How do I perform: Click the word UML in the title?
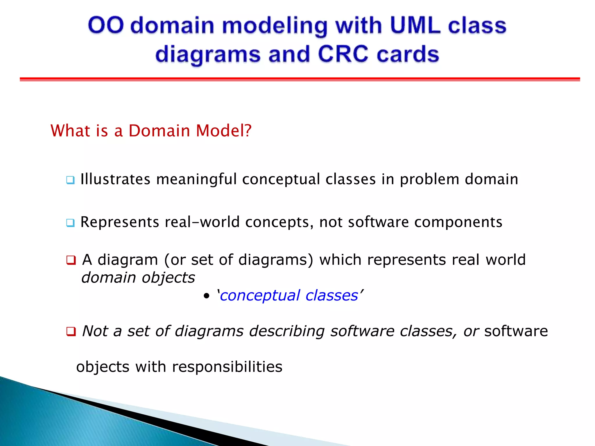[x=415, y=26]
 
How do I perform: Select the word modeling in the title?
[x=275, y=26]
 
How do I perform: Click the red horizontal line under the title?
[x=299, y=79]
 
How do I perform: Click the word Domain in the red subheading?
[x=159, y=131]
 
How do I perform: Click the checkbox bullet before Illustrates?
[x=70, y=180]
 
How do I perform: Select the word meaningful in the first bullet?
[x=196, y=179]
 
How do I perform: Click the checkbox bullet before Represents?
[x=70, y=223]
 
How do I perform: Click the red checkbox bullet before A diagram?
[x=71, y=260]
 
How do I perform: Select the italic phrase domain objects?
[x=138, y=278]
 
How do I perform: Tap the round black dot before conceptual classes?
[x=206, y=296]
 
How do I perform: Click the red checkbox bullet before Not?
[x=71, y=331]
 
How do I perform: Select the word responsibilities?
[x=227, y=367]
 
